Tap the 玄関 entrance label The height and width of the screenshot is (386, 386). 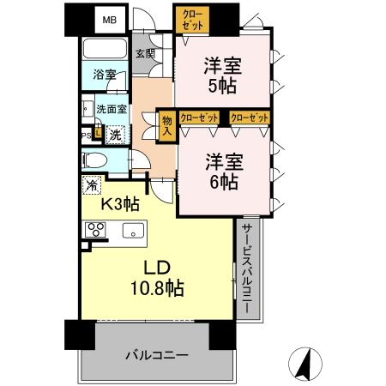pyautogui.click(x=144, y=54)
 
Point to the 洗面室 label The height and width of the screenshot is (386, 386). pyautogui.click(x=111, y=109)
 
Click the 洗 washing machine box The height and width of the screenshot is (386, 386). pyautogui.click(x=114, y=133)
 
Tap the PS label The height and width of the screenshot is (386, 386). pyautogui.click(x=87, y=134)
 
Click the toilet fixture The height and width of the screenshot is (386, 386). pyautogui.click(x=96, y=160)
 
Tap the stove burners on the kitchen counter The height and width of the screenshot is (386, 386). pyautogui.click(x=93, y=230)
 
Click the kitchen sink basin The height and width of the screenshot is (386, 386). pyautogui.click(x=134, y=230)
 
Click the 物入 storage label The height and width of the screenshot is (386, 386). pyautogui.click(x=167, y=128)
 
